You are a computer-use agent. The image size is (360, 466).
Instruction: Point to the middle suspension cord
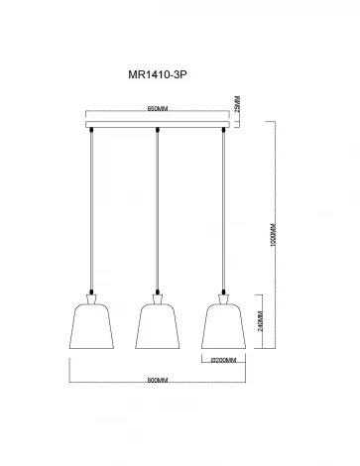click(x=157, y=208)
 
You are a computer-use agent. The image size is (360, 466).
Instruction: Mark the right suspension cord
click(x=224, y=208)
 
